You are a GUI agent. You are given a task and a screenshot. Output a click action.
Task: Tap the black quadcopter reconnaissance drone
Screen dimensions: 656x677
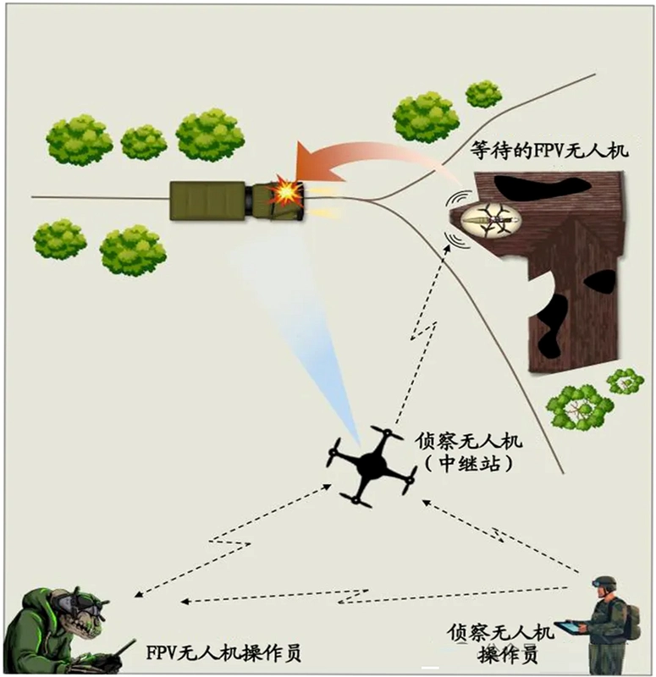(x=372, y=466)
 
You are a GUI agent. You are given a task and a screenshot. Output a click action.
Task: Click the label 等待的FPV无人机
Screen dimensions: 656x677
(x=549, y=151)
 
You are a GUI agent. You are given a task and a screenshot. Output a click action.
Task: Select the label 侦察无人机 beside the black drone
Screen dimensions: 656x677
(x=469, y=441)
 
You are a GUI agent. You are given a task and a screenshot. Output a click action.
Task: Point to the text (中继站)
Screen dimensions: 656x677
(x=469, y=464)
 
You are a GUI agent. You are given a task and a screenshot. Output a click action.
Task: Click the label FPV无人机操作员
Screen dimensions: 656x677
(x=223, y=652)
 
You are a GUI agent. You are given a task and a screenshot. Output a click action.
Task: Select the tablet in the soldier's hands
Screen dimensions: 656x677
(x=569, y=626)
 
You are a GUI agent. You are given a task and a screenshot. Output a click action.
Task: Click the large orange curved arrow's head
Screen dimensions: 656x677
(x=314, y=167)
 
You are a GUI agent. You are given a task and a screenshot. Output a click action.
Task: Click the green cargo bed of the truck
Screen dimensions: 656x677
(x=207, y=201)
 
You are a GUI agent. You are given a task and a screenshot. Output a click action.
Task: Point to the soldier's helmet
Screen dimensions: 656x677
(x=604, y=583)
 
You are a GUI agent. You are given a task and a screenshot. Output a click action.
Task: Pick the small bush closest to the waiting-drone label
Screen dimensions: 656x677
(x=483, y=95)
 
